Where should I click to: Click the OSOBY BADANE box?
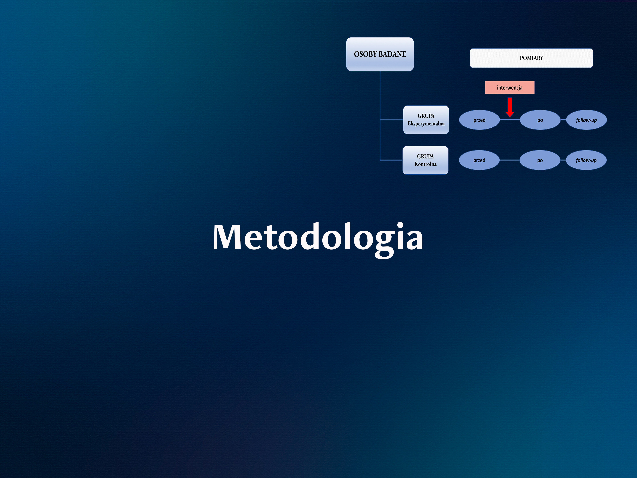pyautogui.click(x=380, y=54)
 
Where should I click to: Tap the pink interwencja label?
pyautogui.click(x=509, y=88)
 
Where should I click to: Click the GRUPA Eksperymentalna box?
pyautogui.click(x=426, y=120)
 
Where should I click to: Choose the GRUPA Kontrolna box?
pyautogui.click(x=425, y=160)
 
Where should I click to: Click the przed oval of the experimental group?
pyautogui.click(x=479, y=120)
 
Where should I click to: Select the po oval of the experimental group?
pyautogui.click(x=540, y=120)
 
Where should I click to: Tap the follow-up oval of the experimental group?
pyautogui.click(x=586, y=120)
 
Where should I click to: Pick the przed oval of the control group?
pyautogui.click(x=479, y=160)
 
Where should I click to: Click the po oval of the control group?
pyautogui.click(x=540, y=160)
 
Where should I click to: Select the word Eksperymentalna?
pyautogui.click(x=426, y=124)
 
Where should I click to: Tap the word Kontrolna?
pyautogui.click(x=425, y=164)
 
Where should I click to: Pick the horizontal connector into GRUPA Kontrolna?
pyautogui.click(x=391, y=160)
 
